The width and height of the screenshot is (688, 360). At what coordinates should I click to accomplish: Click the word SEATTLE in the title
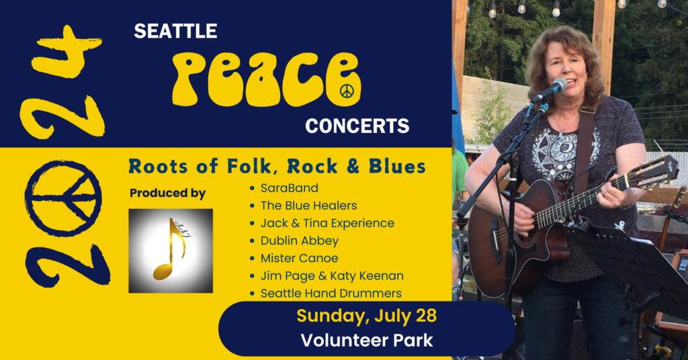coord(175,31)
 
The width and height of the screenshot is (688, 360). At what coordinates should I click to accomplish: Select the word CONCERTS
coord(357,126)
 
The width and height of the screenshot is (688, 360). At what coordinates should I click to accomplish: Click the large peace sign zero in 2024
coord(63,199)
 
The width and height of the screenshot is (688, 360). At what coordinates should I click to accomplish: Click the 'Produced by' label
coord(167,193)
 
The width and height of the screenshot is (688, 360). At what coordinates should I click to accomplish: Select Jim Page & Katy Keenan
coord(332,275)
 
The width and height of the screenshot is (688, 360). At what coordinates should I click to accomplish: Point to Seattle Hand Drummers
coord(331,293)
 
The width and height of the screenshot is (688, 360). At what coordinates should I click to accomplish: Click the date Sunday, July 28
coord(367,315)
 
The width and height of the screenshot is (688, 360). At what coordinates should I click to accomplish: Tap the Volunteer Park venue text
coord(367,341)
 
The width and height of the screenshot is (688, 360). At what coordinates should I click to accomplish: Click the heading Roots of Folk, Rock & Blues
coord(277,165)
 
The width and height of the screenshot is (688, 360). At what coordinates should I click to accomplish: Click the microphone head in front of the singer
coord(558,87)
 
